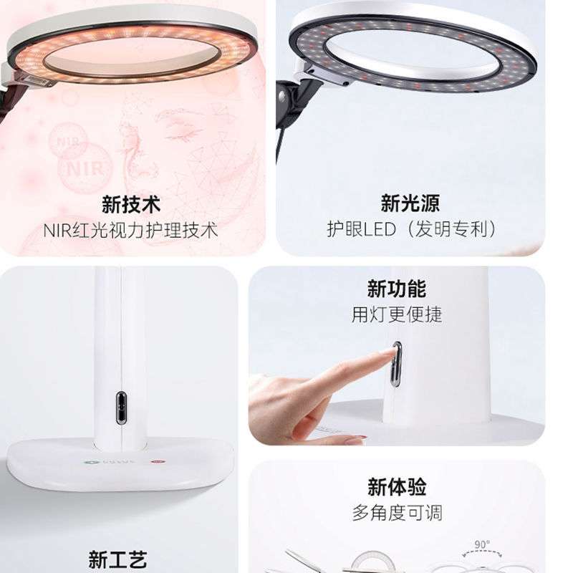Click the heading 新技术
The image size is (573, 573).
130,205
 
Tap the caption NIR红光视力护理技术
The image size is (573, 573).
130,230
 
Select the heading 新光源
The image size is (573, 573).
410,203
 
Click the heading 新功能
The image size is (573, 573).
396,289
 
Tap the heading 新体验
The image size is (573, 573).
397,487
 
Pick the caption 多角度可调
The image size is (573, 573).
397,512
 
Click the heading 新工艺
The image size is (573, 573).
117,559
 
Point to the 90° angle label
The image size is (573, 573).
482,545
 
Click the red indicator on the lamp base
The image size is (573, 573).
155,462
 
